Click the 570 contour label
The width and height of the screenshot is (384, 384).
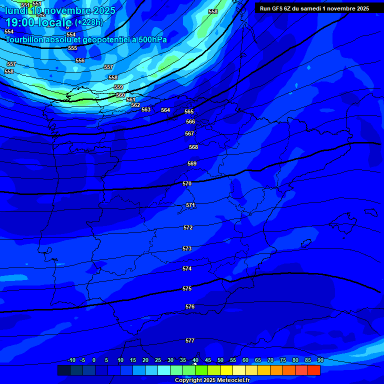point(187,183)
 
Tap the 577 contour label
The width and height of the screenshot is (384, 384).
point(190,340)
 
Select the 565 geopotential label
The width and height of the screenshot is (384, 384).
point(189,111)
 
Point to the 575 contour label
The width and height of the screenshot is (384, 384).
point(187,288)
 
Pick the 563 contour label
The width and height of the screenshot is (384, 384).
point(146,109)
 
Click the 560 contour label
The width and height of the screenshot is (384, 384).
point(120,95)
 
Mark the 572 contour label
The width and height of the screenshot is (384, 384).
point(188,227)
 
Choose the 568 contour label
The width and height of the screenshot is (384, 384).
point(193,147)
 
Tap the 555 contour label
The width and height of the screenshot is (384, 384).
point(72,48)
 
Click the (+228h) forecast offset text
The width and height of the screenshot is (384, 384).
point(88,22)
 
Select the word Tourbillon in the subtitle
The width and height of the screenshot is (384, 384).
point(25,40)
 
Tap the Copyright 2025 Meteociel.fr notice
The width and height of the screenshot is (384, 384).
point(212,380)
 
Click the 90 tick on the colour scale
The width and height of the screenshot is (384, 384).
point(320,360)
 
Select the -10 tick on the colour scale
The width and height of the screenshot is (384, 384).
point(71,360)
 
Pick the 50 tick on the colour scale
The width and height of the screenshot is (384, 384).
point(220,360)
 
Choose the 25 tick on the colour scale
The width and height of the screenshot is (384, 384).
point(157,360)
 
